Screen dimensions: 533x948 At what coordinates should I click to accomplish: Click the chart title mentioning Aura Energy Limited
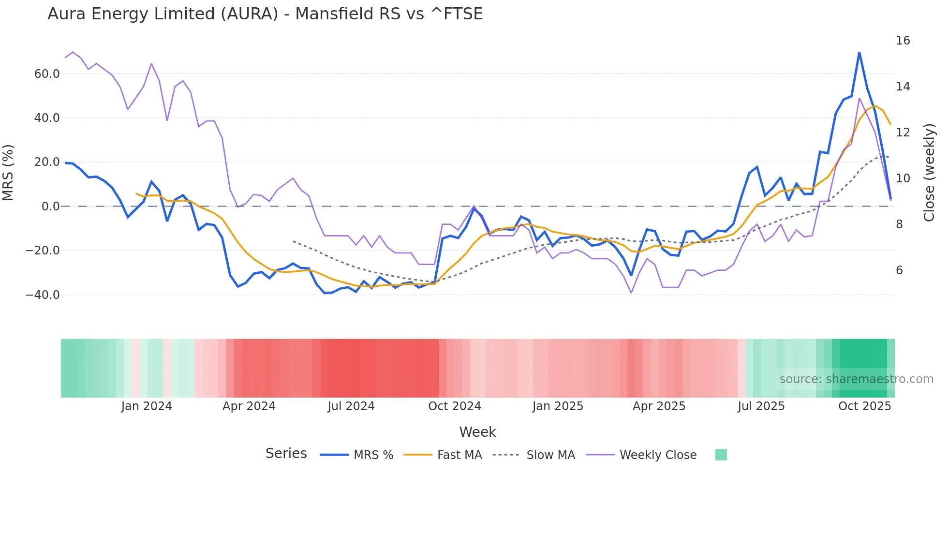point(265,14)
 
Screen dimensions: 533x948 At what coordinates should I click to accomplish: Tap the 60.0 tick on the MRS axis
point(47,74)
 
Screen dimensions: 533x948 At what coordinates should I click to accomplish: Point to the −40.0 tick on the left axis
point(43,295)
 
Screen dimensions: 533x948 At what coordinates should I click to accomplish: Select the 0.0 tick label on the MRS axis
point(50,207)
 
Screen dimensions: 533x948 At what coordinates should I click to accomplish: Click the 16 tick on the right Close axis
point(903,41)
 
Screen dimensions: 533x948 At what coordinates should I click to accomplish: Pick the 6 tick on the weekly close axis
point(899,270)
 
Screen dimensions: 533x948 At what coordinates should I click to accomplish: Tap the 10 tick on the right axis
point(903,178)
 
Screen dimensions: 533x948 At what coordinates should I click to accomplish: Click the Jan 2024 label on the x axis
point(147,406)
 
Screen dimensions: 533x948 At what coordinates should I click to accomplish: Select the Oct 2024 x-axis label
point(454,406)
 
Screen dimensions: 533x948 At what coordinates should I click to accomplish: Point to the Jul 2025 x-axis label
point(761,406)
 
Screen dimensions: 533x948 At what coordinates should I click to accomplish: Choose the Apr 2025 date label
point(659,406)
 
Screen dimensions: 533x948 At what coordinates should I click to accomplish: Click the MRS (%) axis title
point(8,172)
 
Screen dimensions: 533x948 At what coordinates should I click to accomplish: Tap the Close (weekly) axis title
point(929,172)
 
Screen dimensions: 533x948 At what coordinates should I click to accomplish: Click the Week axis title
point(477,432)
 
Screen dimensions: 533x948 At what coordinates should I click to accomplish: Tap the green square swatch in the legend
point(721,455)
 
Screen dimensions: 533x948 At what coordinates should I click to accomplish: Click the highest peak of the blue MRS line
point(859,52)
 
